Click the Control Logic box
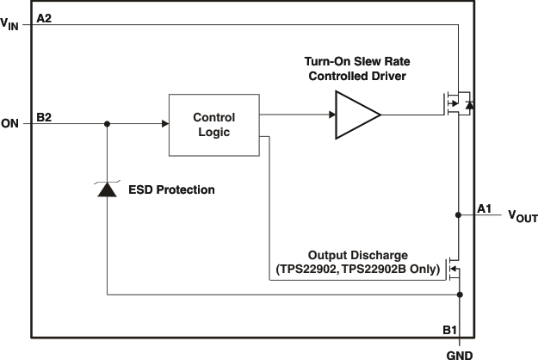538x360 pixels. (213, 124)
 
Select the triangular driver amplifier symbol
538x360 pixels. (356, 114)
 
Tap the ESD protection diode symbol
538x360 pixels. (107, 189)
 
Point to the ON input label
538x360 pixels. (10, 124)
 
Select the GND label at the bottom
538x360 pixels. (460, 352)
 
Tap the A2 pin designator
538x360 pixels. (45, 17)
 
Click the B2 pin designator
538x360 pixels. (45, 116)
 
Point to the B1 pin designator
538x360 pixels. (448, 330)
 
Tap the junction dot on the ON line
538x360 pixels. (107, 124)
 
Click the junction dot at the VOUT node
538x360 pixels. (460, 215)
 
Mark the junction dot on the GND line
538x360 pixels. (460, 295)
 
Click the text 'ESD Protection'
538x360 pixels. (171, 189)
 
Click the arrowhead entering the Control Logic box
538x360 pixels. (164, 124)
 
